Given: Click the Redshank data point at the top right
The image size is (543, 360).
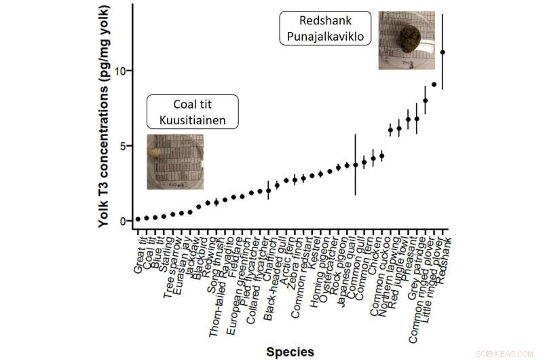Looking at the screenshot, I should coord(443,52).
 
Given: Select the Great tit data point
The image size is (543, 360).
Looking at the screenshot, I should coord(138,219).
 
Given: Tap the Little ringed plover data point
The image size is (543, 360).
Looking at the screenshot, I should coord(434,84).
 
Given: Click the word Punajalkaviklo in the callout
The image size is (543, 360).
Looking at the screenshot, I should coord(324,35).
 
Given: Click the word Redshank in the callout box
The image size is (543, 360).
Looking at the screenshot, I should coord(324,21).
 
